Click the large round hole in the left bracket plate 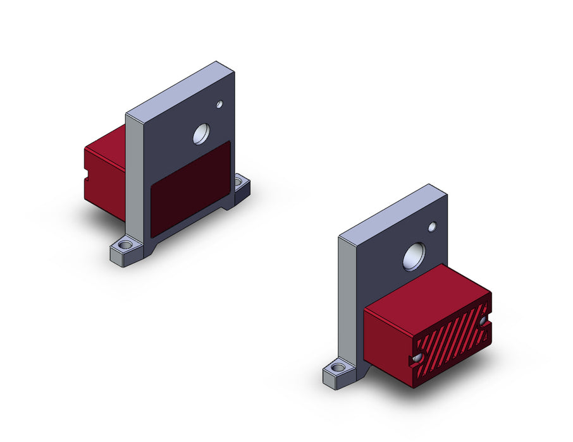pyautogui.click(x=201, y=134)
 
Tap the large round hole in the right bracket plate pyautogui.click(x=414, y=256)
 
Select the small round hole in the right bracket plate pyautogui.click(x=433, y=227)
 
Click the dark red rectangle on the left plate pyautogui.click(x=190, y=189)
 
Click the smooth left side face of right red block pyautogui.click(x=387, y=344)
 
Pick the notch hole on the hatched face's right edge pyautogui.click(x=485, y=323)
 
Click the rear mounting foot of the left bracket pyautogui.click(x=242, y=188)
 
